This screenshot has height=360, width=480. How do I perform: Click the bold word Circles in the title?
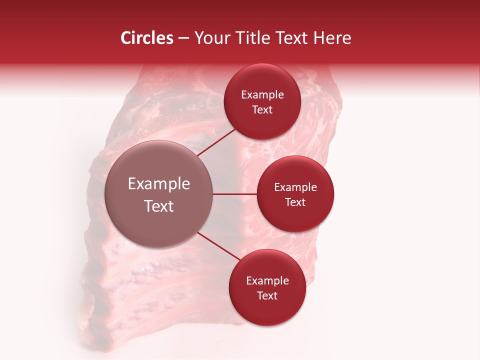point(146,38)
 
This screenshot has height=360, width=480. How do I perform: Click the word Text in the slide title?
point(295,38)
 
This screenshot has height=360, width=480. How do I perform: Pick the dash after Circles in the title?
point(183,38)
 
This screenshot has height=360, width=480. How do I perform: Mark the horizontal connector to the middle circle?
point(234,194)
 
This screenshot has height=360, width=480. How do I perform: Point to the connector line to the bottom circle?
point(218,246)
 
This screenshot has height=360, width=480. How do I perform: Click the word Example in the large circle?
point(159,184)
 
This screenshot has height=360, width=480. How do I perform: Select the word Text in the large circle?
point(159,206)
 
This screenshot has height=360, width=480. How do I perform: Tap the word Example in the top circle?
point(262,95)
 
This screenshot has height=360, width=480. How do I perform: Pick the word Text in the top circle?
point(262,110)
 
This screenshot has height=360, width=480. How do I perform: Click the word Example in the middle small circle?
point(295,187)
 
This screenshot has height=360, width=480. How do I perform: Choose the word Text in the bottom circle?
point(267,296)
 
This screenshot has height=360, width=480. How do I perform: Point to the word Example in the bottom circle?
point(267,281)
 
